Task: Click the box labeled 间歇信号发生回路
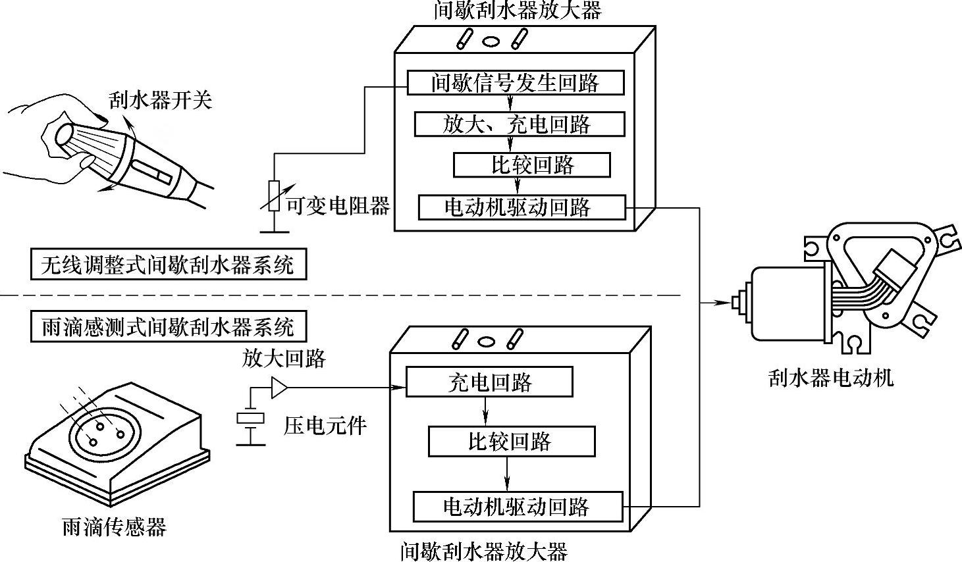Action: tap(516, 82)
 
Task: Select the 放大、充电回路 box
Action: tap(520, 124)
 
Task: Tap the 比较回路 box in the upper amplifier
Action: tap(531, 165)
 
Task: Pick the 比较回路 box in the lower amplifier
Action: tap(512, 442)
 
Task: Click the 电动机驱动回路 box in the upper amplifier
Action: tap(521, 208)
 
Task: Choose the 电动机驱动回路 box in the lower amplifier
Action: tap(518, 507)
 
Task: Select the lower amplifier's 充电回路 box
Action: tap(489, 382)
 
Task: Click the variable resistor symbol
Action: tap(274, 196)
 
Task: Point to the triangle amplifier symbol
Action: tap(279, 388)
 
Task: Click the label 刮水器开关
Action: tap(160, 100)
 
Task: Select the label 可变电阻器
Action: tap(338, 206)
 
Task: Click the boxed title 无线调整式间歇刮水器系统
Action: tap(169, 264)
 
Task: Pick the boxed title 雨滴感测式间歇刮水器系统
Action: tap(169, 326)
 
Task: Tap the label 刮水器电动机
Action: tap(831, 378)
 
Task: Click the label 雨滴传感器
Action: tap(114, 527)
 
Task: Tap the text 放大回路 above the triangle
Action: tap(284, 358)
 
